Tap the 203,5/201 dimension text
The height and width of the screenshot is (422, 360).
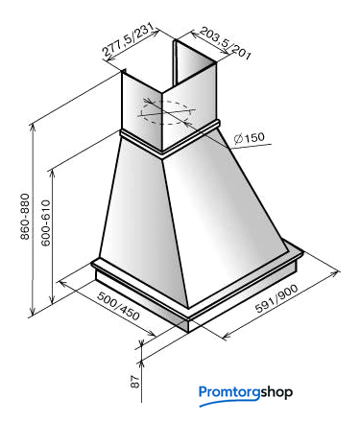coord(225,43)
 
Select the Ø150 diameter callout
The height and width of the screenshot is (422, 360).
coord(250,138)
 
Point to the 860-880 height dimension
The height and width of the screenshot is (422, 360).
coord(25,216)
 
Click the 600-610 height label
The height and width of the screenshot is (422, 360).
coord(46,223)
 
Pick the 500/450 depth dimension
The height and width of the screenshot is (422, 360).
coord(118,306)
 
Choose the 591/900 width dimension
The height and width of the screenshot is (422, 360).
coord(276,298)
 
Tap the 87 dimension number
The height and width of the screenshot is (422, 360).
coord(135,381)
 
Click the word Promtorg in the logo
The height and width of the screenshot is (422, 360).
coord(229,392)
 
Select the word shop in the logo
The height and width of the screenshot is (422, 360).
coord(276,392)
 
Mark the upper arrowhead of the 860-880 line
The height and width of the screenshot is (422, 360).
coord(32,128)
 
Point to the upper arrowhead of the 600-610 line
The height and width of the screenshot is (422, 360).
coord(53,174)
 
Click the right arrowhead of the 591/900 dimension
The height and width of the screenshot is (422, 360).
coord(335,273)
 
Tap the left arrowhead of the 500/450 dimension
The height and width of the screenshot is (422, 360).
coord(62,283)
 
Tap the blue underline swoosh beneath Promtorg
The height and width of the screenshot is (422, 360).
coord(229,402)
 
